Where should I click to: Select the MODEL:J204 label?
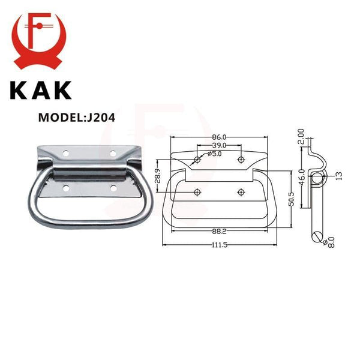click(x=77, y=117)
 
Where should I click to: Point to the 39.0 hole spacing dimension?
click(x=218, y=146)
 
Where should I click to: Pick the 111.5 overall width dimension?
click(x=218, y=249)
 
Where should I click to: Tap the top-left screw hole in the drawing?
click(x=197, y=160)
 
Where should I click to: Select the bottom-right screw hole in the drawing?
click(x=241, y=191)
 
